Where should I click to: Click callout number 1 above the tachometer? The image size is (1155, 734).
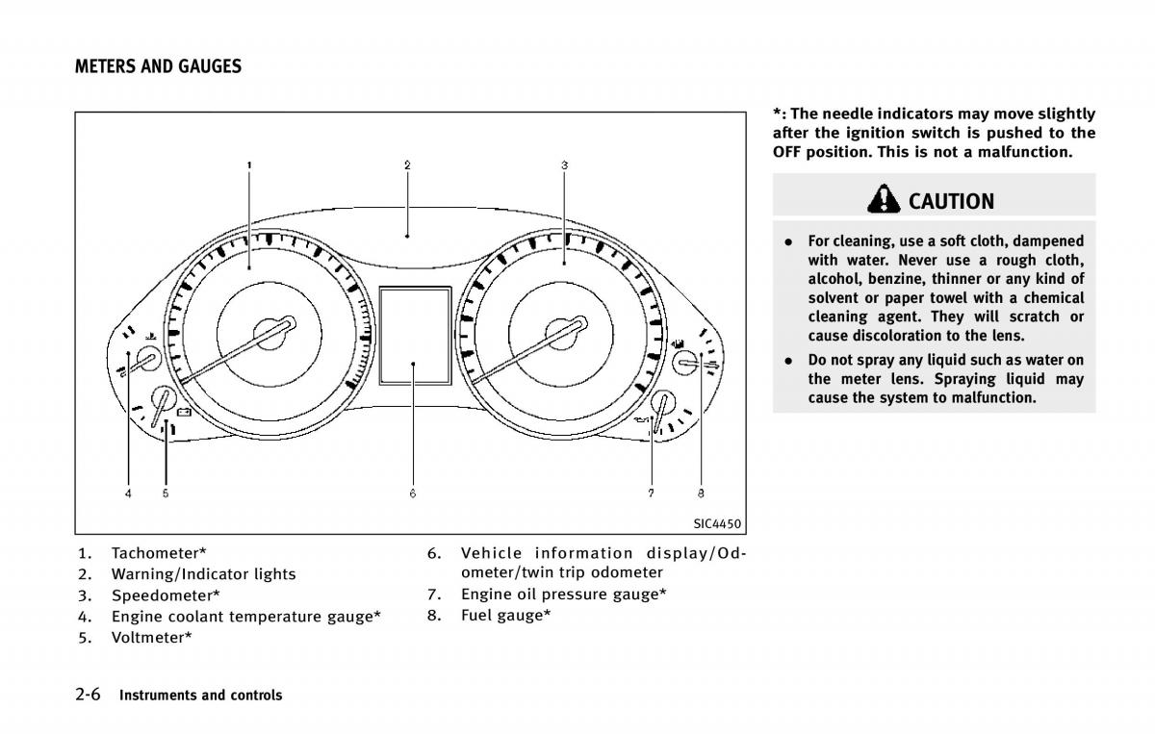[x=249, y=165]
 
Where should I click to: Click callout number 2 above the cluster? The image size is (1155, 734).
[x=407, y=165]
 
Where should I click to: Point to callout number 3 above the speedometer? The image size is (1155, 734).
[x=564, y=165]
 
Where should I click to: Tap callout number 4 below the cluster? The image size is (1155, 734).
[x=128, y=494]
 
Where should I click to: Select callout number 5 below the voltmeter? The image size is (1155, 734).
[x=166, y=494]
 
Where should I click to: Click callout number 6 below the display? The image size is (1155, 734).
[x=412, y=494]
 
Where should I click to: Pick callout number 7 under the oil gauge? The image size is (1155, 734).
[x=651, y=494]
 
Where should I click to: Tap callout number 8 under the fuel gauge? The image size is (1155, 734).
[x=701, y=494]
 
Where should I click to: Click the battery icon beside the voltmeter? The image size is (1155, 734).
[x=183, y=415]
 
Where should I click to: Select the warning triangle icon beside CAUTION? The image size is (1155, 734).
[x=883, y=199]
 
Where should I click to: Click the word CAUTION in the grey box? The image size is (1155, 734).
[x=951, y=201]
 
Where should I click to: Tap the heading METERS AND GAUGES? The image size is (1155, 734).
[x=158, y=66]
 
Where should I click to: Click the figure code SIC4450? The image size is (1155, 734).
[x=716, y=524]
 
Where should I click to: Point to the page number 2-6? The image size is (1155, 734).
[x=89, y=694]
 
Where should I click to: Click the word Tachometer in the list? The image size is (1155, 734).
[x=155, y=552]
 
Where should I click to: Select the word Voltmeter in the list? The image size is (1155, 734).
[x=148, y=637]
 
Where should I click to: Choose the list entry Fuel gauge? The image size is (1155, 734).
[x=501, y=615]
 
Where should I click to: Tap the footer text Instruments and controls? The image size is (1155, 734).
[x=200, y=695]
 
